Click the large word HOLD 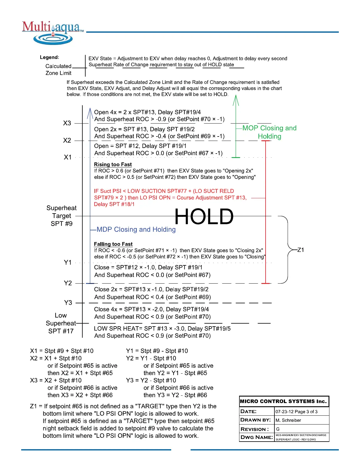[204, 217]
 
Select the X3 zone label [67, 123]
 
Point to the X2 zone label [67, 140]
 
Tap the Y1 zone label [68, 262]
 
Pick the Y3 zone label [68, 303]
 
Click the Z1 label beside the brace [301, 250]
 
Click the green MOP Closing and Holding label [269, 132]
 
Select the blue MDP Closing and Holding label [136, 229]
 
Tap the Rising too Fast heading [113, 164]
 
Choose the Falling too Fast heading [113, 244]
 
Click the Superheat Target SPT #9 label [61, 216]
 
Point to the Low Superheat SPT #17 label [61, 323]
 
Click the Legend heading [49, 57]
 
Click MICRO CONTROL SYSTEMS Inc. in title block [283, 401]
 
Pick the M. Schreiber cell [288, 420]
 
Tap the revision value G [278, 429]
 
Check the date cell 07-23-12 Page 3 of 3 [296, 412]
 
